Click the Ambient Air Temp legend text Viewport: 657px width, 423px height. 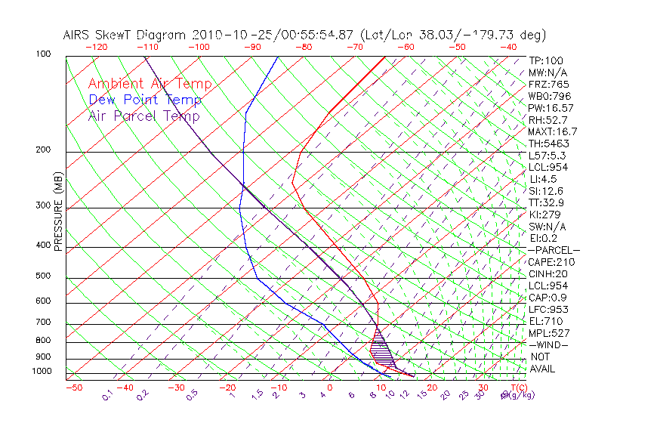(x=150, y=85)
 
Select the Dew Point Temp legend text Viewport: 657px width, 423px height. (x=145, y=100)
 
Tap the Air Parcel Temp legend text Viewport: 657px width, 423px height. (x=143, y=116)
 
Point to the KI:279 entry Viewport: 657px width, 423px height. (x=544, y=215)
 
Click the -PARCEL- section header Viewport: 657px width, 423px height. (x=554, y=250)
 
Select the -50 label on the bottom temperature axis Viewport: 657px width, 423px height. (x=74, y=387)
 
